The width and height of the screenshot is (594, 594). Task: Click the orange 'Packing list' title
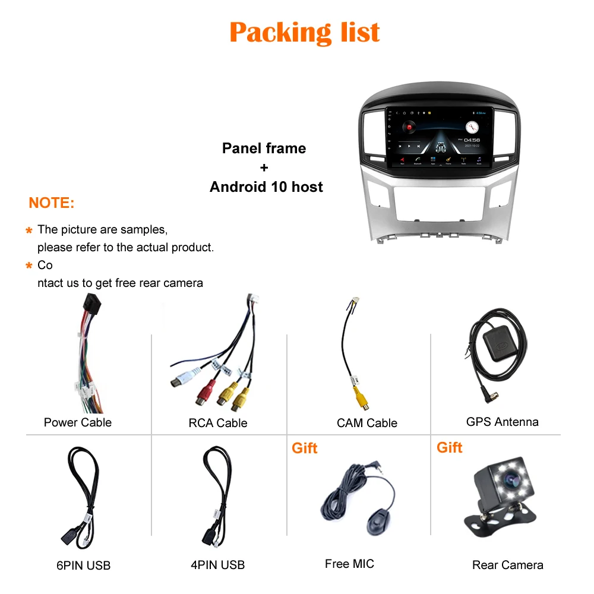(x=304, y=32)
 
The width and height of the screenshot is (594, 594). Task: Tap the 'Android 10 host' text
(x=266, y=187)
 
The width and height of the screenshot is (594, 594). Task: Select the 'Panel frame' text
(x=264, y=148)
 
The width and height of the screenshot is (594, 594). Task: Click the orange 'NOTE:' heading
(x=52, y=203)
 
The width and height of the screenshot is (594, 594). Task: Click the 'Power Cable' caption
(x=77, y=422)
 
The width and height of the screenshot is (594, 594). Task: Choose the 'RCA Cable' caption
(x=217, y=423)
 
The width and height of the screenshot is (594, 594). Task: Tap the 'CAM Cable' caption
(x=366, y=423)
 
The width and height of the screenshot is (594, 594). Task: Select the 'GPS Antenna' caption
(x=502, y=422)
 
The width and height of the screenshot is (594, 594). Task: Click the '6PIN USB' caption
(x=84, y=565)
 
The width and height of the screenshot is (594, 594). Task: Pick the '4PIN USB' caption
(x=217, y=565)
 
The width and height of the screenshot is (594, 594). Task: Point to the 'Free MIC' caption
(x=349, y=564)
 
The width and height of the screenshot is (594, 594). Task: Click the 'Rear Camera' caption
(x=507, y=565)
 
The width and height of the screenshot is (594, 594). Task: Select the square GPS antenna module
(x=498, y=343)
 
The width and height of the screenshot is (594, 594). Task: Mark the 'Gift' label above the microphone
(x=304, y=448)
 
